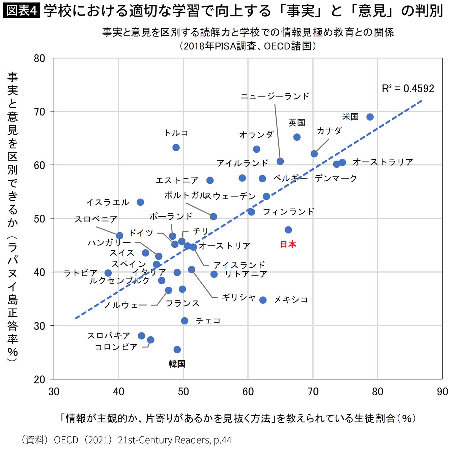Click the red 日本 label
coord(288,244)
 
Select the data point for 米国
coord(370,117)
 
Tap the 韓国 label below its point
coord(177,364)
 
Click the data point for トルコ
coord(176,148)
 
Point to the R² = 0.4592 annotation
coord(408,89)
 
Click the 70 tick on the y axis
coord(39,112)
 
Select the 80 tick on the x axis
coord(377,392)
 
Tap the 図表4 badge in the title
coord(21,10)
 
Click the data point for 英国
coord(297,137)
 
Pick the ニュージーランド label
coord(275,96)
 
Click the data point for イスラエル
coord(140,202)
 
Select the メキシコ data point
coord(263,300)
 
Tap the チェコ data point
coord(185,321)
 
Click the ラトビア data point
coord(108,273)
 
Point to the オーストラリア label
coord(383,162)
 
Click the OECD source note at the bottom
coord(126,440)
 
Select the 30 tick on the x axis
coord(54,392)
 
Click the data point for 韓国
coord(177,349)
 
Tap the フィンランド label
coord(288,212)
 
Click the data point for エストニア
coord(210,180)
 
